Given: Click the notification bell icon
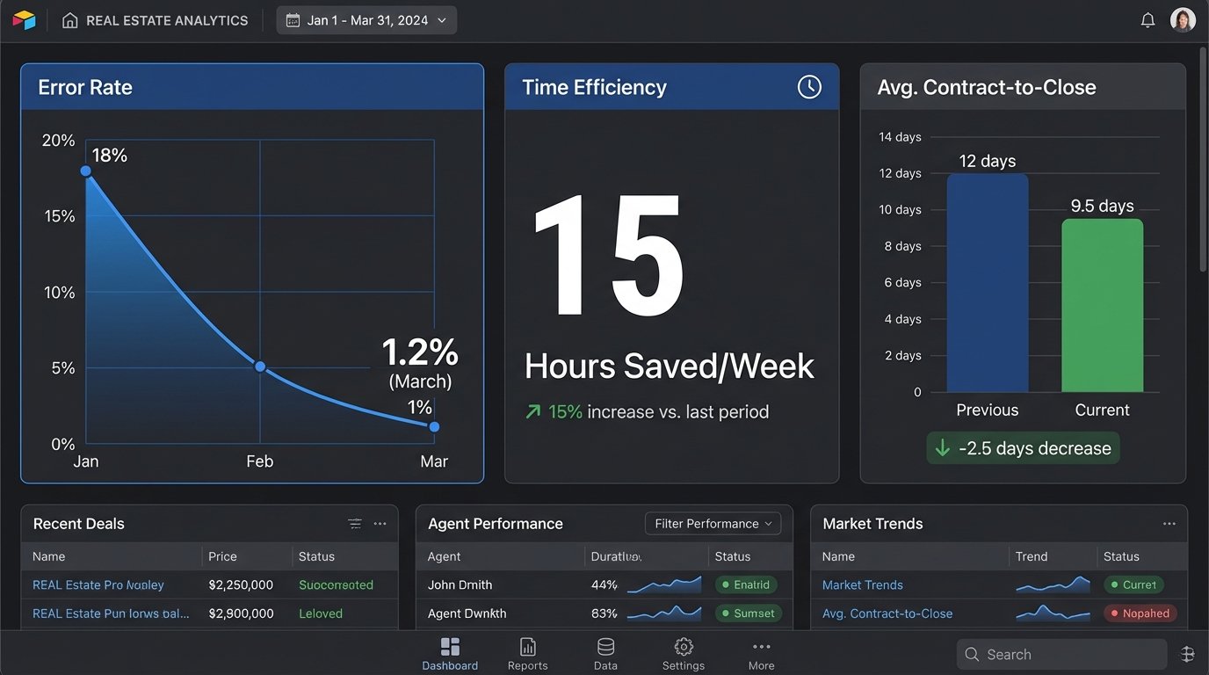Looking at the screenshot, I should click(1147, 20).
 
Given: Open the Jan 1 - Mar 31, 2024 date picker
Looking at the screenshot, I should click(366, 20).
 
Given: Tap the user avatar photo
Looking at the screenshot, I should click(1183, 20).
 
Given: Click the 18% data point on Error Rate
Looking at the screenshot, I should click(86, 171).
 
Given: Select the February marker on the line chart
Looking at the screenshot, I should click(260, 366).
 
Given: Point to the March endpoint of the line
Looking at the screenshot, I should click(434, 426).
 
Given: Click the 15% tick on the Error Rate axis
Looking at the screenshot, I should click(60, 216).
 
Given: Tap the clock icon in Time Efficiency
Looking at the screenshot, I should click(808, 87).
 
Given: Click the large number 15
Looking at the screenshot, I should click(608, 257).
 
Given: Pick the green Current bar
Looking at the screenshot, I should click(1102, 306).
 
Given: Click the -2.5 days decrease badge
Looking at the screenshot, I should click(1023, 448).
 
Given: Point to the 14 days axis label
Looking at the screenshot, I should click(900, 137).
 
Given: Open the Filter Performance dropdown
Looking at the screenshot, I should click(713, 524).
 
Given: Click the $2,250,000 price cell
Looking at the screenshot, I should click(241, 584).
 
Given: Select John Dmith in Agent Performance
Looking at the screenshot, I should click(460, 584).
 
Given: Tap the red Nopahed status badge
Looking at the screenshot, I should click(1140, 613).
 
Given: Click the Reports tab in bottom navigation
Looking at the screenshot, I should click(527, 654).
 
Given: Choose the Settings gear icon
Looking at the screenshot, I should click(684, 648).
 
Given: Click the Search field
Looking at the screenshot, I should click(1061, 655).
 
